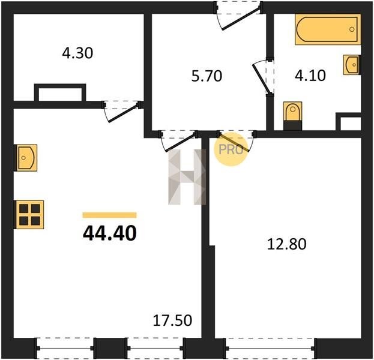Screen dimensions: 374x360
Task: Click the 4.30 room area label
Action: (x=77, y=53)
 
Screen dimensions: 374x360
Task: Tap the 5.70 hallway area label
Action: (x=207, y=76)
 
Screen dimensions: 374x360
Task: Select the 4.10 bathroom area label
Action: (x=310, y=76)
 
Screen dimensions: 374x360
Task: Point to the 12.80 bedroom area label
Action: (x=287, y=244)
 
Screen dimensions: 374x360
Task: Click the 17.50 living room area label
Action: (x=172, y=320)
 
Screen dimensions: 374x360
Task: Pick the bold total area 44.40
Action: (x=110, y=233)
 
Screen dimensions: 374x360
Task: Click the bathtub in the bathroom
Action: (x=328, y=29)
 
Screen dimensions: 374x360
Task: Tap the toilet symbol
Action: (x=293, y=116)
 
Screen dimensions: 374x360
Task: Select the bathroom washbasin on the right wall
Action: (x=352, y=65)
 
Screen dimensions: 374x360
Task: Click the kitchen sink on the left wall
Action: (x=26, y=158)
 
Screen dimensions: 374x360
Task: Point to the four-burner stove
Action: (x=30, y=215)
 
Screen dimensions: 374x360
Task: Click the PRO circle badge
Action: (x=231, y=149)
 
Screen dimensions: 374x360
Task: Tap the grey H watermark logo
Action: (x=187, y=177)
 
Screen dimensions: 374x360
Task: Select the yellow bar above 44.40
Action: (x=109, y=215)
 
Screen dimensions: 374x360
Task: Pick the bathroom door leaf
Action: (x=262, y=78)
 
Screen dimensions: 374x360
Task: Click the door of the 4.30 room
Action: (x=122, y=112)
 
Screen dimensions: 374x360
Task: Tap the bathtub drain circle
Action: (x=352, y=29)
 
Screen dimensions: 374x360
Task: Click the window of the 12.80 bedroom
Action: (x=270, y=349)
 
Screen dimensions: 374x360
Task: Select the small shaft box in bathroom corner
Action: (x=348, y=122)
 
